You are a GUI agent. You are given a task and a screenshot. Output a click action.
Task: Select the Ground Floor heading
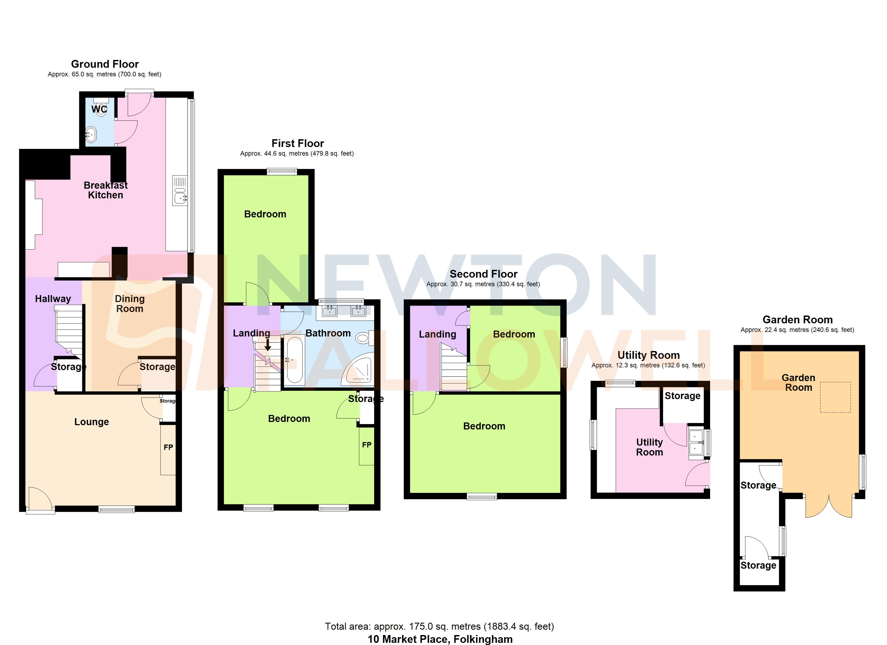coord(105,64)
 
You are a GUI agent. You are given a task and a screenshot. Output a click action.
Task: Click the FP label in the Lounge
coord(168,447)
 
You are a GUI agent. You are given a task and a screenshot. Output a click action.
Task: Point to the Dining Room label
coord(130,303)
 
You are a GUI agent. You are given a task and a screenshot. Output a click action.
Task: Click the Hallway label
coord(53,299)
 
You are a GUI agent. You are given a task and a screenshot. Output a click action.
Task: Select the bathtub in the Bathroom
coord(294,360)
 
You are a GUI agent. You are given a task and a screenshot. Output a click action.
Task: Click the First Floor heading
coord(298,143)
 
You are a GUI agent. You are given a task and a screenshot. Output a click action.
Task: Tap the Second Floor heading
coord(483,274)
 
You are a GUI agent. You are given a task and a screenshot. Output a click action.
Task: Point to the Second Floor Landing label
coord(437,334)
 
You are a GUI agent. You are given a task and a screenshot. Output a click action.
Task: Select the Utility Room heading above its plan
coord(648,355)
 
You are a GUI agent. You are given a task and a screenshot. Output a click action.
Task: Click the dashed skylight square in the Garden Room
coord(835,397)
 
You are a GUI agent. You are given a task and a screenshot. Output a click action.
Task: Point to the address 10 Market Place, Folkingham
coord(440,639)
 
